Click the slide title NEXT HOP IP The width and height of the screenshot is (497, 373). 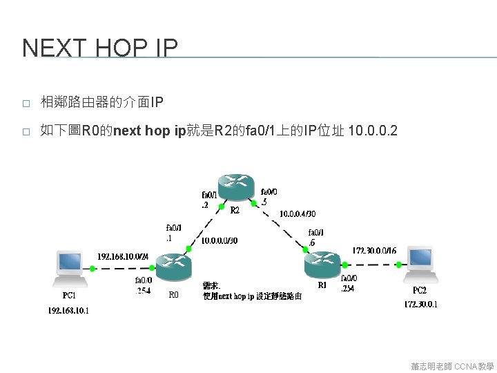pyautogui.click(x=100, y=48)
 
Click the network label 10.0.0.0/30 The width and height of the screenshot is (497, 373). pyautogui.click(x=220, y=240)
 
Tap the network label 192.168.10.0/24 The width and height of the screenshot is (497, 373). pyautogui.click(x=123, y=256)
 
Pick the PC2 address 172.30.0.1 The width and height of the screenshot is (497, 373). pyautogui.click(x=421, y=304)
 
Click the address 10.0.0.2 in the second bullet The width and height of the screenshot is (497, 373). pyautogui.click(x=373, y=131)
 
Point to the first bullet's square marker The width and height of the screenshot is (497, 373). pyautogui.click(x=26, y=104)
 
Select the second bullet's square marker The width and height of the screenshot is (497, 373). pyautogui.click(x=26, y=131)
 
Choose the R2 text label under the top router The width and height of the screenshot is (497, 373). pyautogui.click(x=235, y=209)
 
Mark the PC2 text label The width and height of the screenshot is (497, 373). pyautogui.click(x=420, y=290)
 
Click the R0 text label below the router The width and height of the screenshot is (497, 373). pyautogui.click(x=173, y=294)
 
